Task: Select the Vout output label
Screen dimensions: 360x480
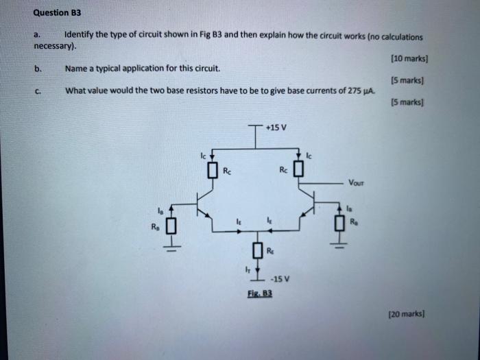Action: click(356, 182)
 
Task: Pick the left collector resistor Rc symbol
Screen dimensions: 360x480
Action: click(213, 169)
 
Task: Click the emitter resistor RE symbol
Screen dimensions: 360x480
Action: click(256, 251)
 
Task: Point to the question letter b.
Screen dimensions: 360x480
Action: click(39, 69)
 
